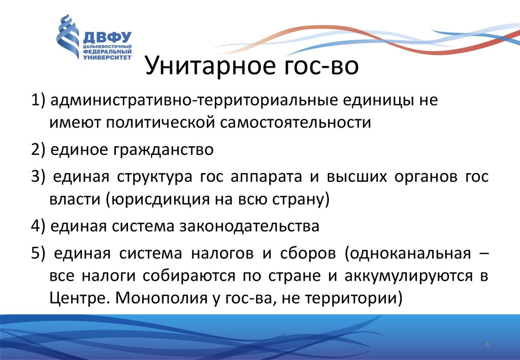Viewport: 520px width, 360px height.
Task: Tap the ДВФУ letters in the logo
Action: (x=107, y=38)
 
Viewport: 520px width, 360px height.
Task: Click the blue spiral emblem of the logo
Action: (x=68, y=37)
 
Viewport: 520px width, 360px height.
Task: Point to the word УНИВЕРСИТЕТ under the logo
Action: (x=107, y=57)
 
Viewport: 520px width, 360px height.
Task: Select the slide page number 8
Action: (x=487, y=344)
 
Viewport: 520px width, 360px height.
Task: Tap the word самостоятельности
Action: (x=295, y=122)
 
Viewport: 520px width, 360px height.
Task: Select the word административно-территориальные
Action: (x=194, y=100)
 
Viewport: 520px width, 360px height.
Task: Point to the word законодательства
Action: (x=249, y=226)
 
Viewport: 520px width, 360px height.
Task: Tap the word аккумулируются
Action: (x=408, y=276)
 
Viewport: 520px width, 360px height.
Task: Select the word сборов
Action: (x=308, y=253)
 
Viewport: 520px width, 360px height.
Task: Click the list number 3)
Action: (x=38, y=176)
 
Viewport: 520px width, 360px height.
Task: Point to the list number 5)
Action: (x=38, y=253)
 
